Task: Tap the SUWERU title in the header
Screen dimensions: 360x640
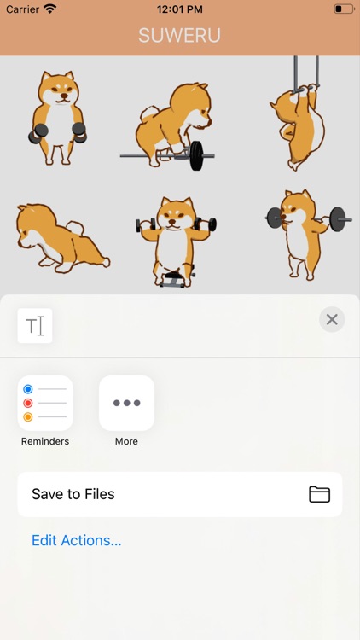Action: (x=180, y=36)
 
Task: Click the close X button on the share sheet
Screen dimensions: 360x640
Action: (x=332, y=319)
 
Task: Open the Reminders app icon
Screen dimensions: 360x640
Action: (x=45, y=403)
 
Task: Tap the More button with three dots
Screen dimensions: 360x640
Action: (x=126, y=403)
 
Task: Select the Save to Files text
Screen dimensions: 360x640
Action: (x=73, y=494)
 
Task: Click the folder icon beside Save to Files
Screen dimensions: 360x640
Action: (x=319, y=494)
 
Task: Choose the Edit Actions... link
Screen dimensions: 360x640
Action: (x=76, y=540)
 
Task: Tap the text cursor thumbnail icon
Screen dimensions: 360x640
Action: (x=35, y=326)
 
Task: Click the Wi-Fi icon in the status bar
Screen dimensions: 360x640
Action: (x=49, y=9)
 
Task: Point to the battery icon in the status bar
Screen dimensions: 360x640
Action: (x=344, y=9)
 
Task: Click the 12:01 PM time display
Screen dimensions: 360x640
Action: (x=180, y=9)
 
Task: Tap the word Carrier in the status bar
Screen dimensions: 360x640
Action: (x=22, y=9)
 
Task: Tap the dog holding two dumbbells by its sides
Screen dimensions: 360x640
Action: (x=57, y=118)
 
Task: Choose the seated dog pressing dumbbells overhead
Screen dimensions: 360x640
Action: (x=176, y=241)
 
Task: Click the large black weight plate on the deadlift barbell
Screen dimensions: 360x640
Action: (x=196, y=156)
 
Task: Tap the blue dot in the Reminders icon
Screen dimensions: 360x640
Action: (x=28, y=389)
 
